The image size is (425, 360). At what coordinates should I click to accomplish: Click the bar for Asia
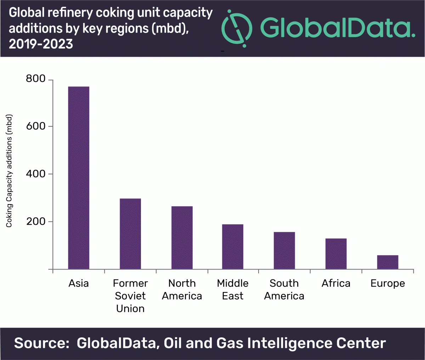(x=79, y=178)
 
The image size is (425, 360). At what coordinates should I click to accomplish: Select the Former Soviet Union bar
(x=130, y=234)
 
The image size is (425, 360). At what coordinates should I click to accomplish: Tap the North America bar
(x=182, y=237)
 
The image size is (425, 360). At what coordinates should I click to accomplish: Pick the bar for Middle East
(x=233, y=247)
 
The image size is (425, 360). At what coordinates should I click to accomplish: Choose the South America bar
(x=284, y=251)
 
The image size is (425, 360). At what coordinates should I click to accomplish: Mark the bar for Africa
(x=336, y=254)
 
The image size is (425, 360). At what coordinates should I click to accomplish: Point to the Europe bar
(x=387, y=262)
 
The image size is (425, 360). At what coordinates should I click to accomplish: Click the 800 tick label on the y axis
(x=36, y=79)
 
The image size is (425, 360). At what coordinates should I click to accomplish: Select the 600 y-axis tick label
(x=36, y=126)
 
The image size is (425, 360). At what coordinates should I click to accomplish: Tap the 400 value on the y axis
(x=36, y=174)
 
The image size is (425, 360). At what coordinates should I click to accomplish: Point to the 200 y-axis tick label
(x=36, y=221)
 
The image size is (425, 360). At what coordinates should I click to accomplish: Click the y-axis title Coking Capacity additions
(x=9, y=171)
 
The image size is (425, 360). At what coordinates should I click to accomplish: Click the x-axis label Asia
(x=79, y=283)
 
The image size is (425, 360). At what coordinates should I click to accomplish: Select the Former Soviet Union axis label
(x=130, y=296)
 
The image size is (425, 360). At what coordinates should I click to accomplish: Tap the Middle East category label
(x=233, y=289)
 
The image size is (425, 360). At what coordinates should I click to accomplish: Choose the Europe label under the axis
(x=387, y=284)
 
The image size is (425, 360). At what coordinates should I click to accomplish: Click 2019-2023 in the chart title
(x=41, y=44)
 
